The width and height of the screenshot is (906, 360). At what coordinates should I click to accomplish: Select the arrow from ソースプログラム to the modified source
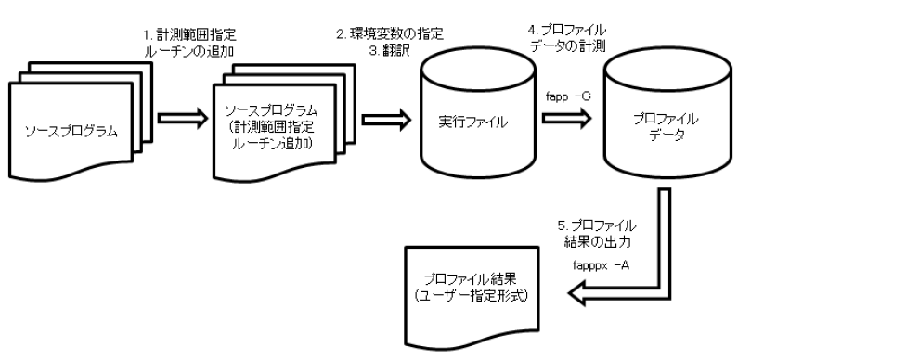pyautogui.click(x=179, y=119)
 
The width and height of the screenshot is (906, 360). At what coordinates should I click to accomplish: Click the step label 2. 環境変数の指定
pyautogui.click(x=390, y=33)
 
